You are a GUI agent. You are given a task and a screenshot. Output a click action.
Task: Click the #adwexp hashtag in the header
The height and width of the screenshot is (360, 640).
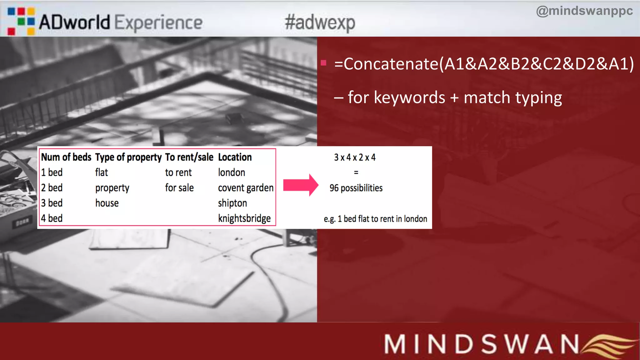[x=320, y=22]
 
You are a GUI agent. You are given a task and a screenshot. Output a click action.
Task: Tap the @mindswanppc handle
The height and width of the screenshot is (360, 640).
[x=584, y=11]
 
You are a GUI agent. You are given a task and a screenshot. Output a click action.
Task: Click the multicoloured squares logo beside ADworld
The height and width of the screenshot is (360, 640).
[x=21, y=21]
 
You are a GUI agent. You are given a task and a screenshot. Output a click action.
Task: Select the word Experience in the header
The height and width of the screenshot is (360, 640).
[x=158, y=22]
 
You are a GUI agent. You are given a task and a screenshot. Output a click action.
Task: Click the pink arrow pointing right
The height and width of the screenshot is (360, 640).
[x=300, y=185]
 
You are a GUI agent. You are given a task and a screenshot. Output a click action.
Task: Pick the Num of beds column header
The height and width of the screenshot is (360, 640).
[x=66, y=157]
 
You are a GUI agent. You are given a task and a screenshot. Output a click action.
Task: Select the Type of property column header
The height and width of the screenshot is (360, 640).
[x=128, y=157]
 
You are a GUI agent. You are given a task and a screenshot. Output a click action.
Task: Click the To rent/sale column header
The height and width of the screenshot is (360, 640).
[x=189, y=157]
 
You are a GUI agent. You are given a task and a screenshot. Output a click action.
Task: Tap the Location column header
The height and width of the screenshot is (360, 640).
[x=235, y=157]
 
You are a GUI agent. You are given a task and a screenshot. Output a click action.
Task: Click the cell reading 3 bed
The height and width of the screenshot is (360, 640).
[x=52, y=203]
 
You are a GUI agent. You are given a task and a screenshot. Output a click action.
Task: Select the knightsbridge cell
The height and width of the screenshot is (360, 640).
[x=244, y=218]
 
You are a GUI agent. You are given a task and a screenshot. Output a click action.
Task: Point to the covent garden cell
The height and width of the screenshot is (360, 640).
[x=246, y=188]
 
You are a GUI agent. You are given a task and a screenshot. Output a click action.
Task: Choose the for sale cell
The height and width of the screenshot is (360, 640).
[x=179, y=188]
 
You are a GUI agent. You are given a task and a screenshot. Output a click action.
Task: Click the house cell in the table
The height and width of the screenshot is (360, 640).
[x=107, y=203]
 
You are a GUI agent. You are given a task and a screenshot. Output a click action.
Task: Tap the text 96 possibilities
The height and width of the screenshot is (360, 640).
[x=356, y=188]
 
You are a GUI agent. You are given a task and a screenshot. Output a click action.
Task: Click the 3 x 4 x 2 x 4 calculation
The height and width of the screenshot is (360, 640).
[x=355, y=157]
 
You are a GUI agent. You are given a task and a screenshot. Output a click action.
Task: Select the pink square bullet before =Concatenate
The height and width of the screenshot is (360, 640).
[x=323, y=63]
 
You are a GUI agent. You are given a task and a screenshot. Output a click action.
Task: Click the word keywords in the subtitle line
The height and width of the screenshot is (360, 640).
[x=409, y=97]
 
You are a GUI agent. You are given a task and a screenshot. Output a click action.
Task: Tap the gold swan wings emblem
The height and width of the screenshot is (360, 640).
[x=609, y=346]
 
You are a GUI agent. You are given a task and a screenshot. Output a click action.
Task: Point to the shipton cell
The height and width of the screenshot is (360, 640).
[x=232, y=203]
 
